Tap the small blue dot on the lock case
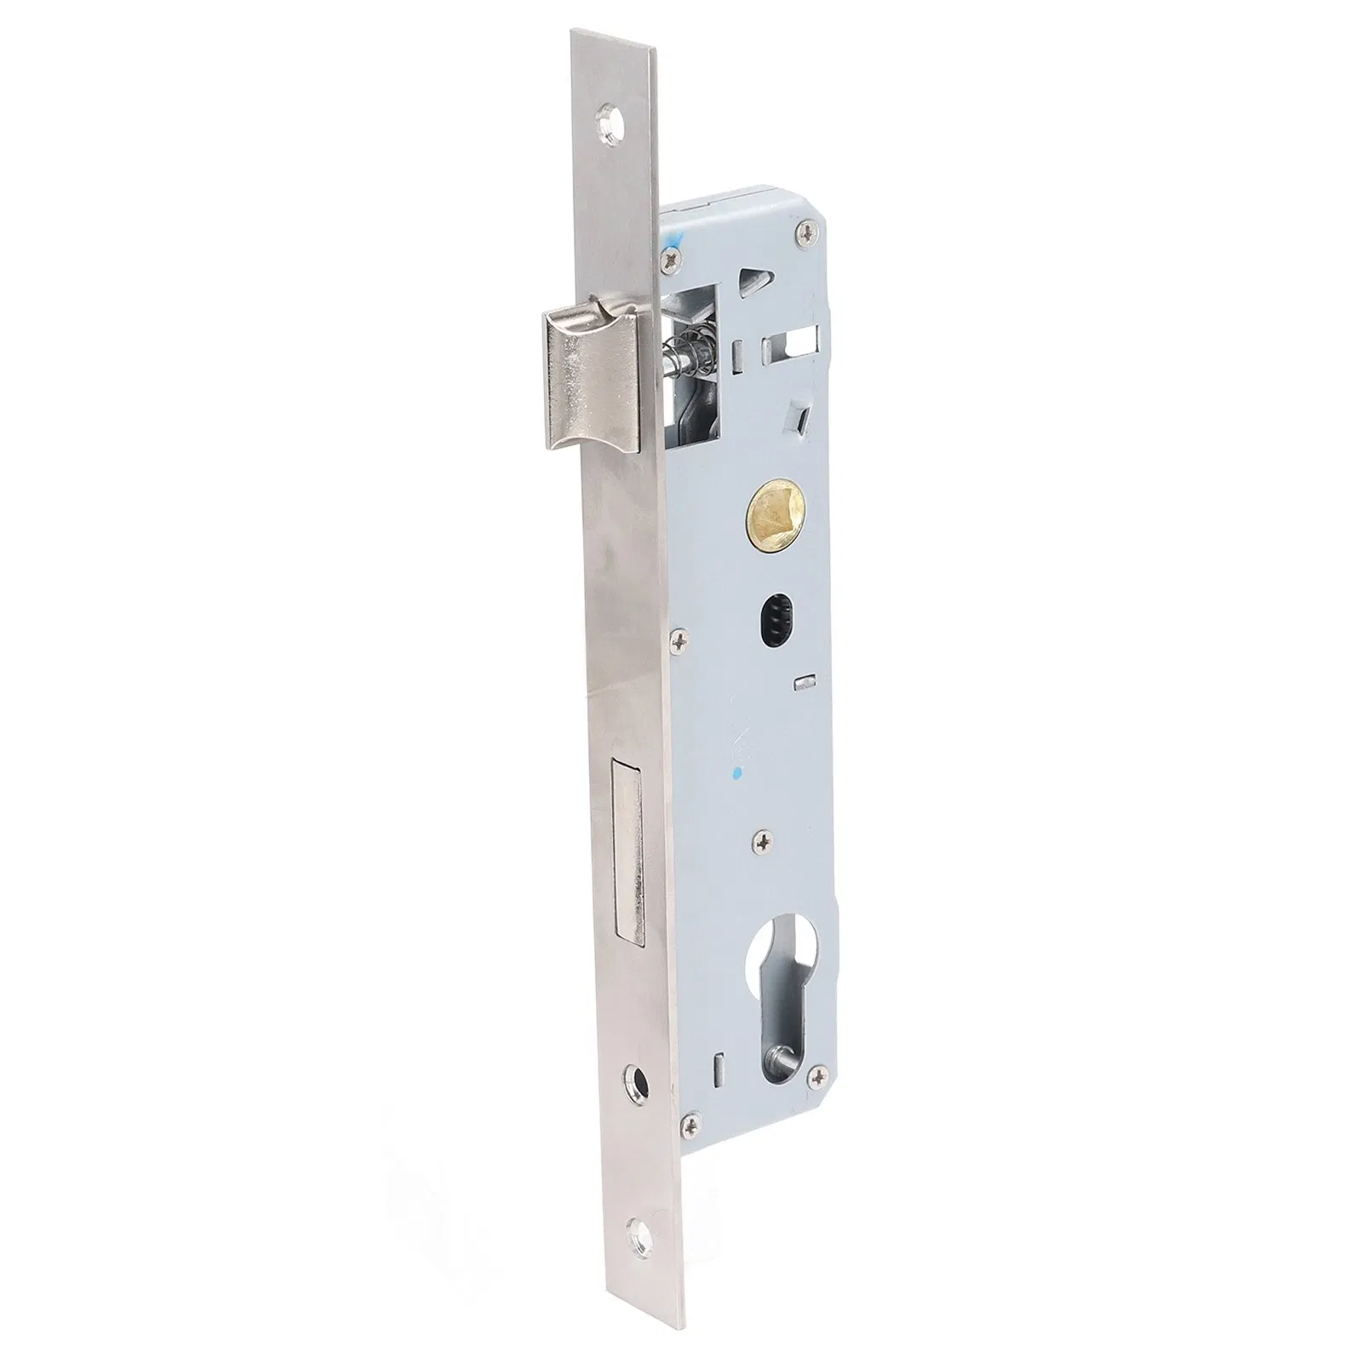737,774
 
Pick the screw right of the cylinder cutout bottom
821,1078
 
